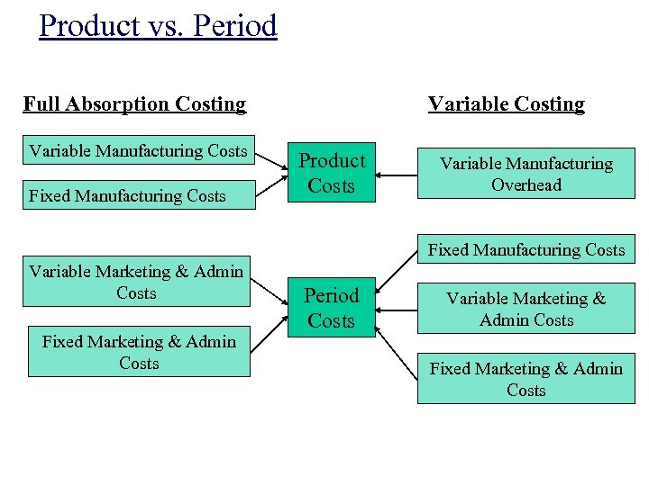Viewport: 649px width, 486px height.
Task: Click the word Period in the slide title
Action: (x=235, y=25)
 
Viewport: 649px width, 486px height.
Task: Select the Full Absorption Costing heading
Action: (x=134, y=103)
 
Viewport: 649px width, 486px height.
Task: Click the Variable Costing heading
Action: (x=506, y=103)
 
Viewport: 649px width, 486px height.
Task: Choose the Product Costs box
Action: (x=332, y=173)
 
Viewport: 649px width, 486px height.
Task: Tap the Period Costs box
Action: (x=332, y=308)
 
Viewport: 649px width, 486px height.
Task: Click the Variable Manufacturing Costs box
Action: (x=138, y=151)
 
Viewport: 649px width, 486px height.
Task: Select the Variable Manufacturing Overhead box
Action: (x=526, y=175)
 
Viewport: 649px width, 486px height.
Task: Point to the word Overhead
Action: (x=526, y=185)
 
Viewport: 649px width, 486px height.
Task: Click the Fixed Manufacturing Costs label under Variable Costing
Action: (x=526, y=250)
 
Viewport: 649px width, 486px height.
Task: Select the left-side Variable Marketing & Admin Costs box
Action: (x=136, y=283)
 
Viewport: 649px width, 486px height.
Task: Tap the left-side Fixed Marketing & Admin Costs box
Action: (x=139, y=352)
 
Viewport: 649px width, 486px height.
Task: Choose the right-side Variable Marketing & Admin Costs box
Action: (x=526, y=309)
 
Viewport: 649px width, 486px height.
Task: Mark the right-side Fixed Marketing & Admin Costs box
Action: (x=526, y=379)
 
